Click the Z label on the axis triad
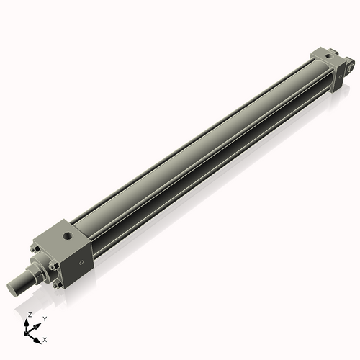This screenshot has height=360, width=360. [x=30, y=315]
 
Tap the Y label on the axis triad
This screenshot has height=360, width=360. [x=44, y=318]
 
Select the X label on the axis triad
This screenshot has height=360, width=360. [x=45, y=338]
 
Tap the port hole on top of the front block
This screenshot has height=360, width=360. [x=67, y=234]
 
